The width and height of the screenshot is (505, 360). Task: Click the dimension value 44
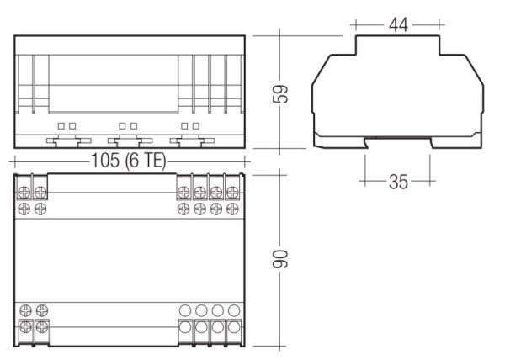pos(398,24)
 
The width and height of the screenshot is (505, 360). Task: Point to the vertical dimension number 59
pos(280,93)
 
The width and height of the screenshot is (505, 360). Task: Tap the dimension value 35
pos(398,182)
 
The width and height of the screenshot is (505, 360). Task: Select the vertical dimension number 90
pos(280,259)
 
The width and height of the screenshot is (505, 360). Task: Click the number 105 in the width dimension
pos(105,160)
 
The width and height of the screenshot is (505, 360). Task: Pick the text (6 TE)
pos(146,161)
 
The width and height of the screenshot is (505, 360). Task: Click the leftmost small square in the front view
pos(61,126)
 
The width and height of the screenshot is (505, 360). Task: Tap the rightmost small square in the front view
pos(196,126)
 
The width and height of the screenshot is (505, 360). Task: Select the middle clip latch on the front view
pos(130,141)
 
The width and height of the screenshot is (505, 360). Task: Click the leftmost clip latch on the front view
pos(69,141)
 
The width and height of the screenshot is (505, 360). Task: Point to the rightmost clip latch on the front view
pos(192,141)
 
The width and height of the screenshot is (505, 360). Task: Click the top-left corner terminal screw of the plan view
pos(24,193)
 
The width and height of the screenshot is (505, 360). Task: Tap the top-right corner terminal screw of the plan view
pos(232,193)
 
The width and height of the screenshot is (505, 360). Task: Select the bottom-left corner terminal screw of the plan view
pos(25,327)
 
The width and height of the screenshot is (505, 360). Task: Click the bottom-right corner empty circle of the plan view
pos(234,327)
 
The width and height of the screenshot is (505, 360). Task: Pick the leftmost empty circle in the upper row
pos(185,310)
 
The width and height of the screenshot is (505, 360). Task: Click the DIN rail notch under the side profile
pos(398,142)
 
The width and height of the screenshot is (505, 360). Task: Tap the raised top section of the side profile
pos(398,45)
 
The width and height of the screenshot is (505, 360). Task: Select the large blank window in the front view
pos(114,84)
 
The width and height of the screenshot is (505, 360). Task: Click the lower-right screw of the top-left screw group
pos(40,209)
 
